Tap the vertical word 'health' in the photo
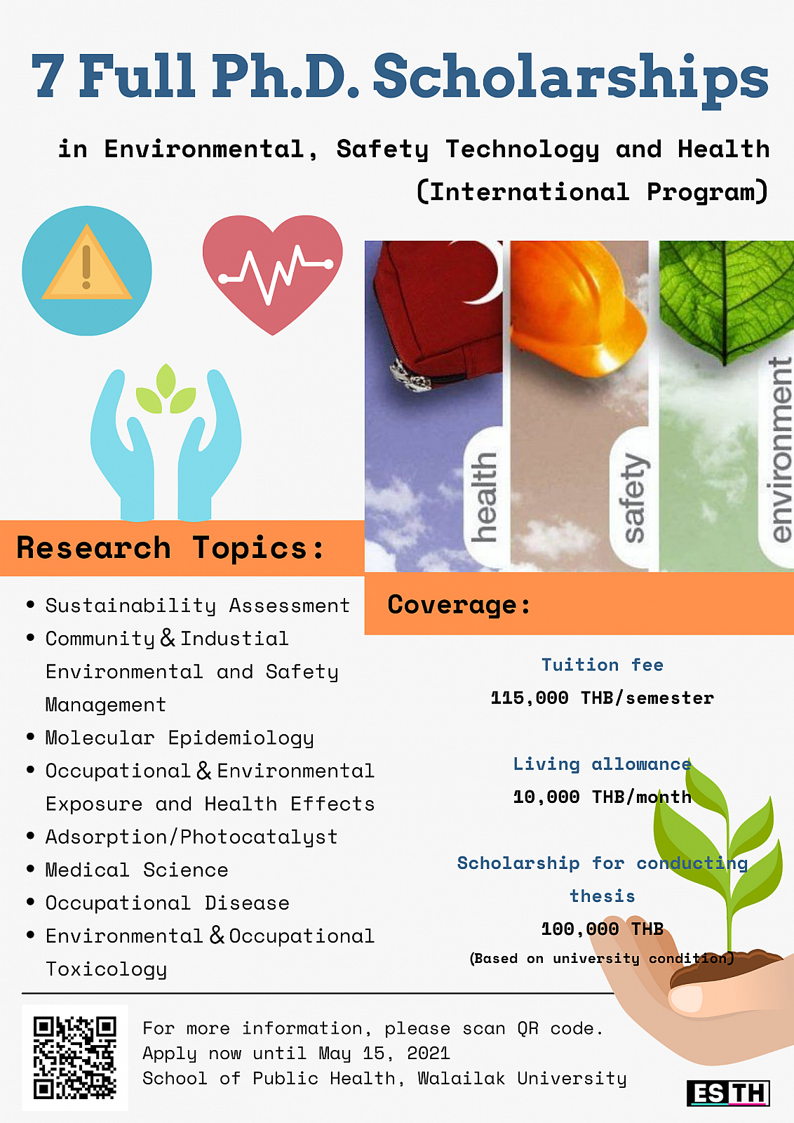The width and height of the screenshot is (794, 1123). point(484,497)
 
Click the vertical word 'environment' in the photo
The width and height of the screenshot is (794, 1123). point(780,449)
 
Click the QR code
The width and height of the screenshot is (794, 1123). point(74,1057)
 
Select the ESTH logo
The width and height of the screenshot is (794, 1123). point(728,1094)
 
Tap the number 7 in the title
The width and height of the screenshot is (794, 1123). point(48,75)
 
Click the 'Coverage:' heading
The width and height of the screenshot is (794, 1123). point(459,604)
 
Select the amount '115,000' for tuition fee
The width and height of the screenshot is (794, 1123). point(530,698)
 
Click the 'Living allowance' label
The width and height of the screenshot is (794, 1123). point(602,764)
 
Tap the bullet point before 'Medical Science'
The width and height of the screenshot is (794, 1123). point(31,868)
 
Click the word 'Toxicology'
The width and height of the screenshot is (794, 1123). point(106,969)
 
